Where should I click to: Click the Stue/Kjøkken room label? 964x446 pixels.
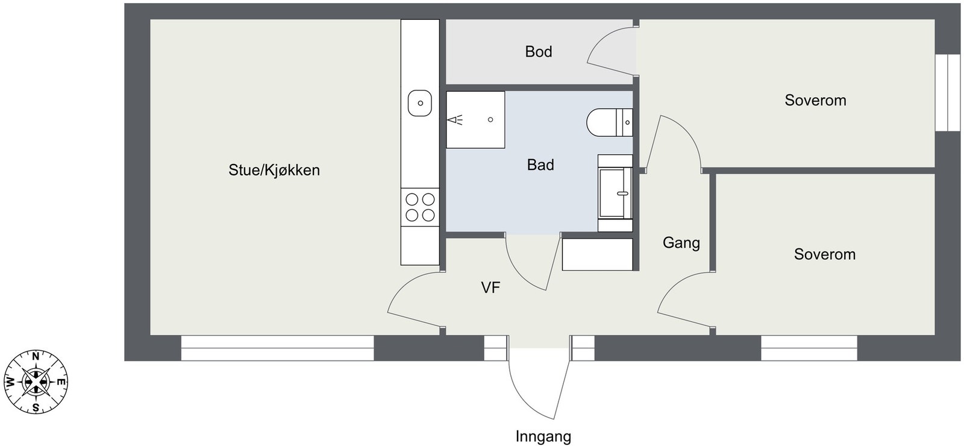tap(274, 171)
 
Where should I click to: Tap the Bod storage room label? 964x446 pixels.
tap(539, 52)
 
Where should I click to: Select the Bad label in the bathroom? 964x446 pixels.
tap(540, 165)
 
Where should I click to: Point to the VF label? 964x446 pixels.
tap(490, 287)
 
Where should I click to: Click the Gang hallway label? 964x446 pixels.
tap(681, 243)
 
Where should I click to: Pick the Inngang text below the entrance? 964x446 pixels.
tap(543, 436)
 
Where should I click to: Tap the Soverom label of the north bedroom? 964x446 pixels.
tap(815, 100)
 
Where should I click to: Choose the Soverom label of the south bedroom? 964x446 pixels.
tap(825, 254)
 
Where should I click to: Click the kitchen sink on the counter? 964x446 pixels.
tap(420, 103)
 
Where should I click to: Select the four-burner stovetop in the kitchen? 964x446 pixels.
tap(420, 207)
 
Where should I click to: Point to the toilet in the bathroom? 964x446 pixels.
tap(609, 123)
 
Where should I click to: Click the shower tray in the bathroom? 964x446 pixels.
tap(475, 120)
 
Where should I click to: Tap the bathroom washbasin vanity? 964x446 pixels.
tap(615, 193)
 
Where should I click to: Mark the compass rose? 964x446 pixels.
tap(36, 382)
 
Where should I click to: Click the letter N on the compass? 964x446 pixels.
tap(36, 356)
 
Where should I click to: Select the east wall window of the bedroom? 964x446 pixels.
tap(948, 92)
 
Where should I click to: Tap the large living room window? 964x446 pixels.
tap(277, 348)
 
